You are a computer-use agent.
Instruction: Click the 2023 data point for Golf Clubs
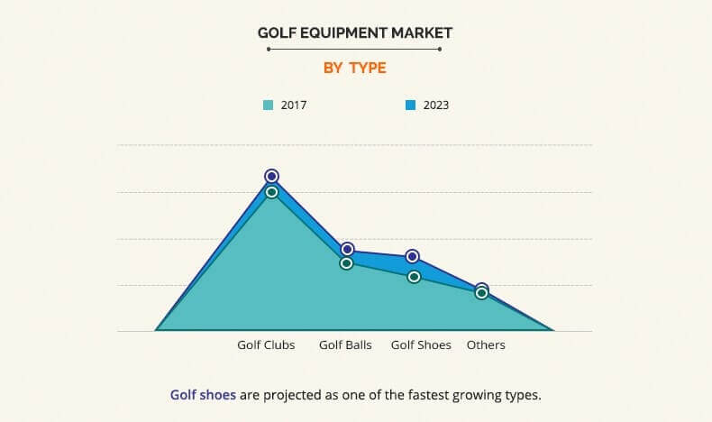pos(271,176)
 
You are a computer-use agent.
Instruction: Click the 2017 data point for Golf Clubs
pos(271,192)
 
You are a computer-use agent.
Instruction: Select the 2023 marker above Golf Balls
pos(347,249)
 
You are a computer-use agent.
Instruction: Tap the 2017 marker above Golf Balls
pos(347,263)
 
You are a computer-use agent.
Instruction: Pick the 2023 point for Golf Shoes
pos(413,257)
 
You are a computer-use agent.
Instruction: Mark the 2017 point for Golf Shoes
pos(414,277)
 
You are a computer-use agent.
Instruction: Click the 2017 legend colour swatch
pos(268,105)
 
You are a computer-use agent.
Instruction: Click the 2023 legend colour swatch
pos(410,105)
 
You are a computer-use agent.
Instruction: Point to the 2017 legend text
pos(294,105)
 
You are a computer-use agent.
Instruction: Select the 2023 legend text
pos(435,105)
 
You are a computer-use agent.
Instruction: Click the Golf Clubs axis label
pos(266,345)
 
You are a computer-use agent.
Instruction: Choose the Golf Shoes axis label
pos(421,345)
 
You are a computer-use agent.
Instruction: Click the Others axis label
pos(486,345)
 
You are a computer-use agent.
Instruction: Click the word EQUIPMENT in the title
pos(342,32)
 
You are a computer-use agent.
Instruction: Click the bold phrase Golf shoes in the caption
pos(203,395)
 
